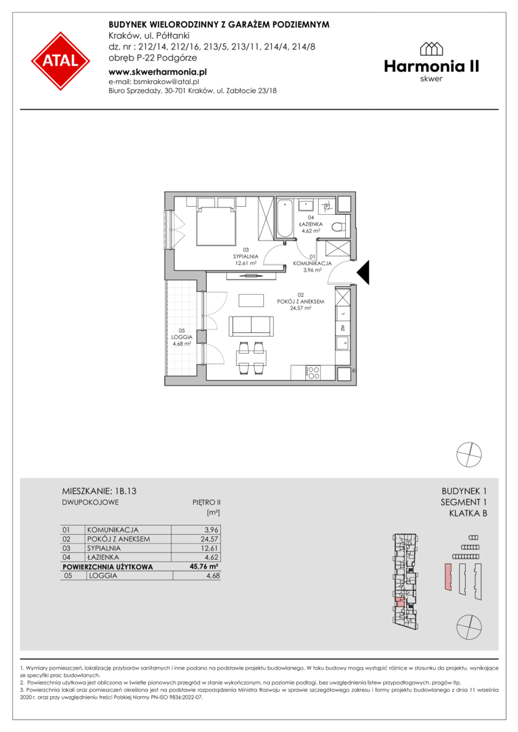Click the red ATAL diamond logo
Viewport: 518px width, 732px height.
point(61,61)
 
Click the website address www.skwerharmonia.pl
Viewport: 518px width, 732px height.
point(157,72)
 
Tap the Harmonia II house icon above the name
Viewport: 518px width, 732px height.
point(431,49)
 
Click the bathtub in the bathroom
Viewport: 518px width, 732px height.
point(285,218)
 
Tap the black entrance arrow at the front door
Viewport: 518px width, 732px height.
point(363,272)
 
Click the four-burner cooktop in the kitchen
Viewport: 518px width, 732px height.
point(313,373)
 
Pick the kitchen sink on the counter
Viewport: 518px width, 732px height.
point(342,344)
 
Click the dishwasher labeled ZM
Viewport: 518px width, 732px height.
point(342,328)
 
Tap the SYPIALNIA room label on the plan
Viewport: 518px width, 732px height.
point(245,256)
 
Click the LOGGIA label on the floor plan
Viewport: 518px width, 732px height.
point(182,337)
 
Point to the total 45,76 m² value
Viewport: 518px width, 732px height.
point(203,567)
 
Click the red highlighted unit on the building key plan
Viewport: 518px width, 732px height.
point(399,602)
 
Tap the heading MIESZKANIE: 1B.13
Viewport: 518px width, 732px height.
point(99,491)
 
